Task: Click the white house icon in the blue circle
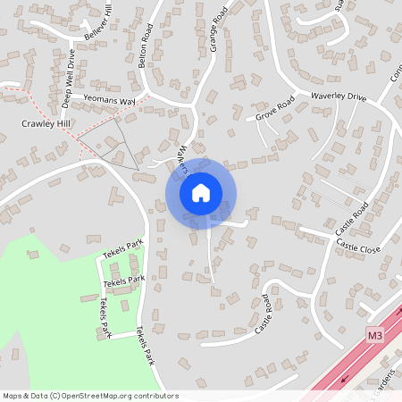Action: pyautogui.click(x=201, y=192)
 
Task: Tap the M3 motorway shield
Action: pyautogui.click(x=375, y=335)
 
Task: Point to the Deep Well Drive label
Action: pyautogui.click(x=69, y=79)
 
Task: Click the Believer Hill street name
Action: pyautogui.click(x=98, y=22)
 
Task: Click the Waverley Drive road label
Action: pyautogui.click(x=339, y=96)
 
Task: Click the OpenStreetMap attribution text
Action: pyautogui.click(x=90, y=396)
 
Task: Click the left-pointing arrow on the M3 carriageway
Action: pyautogui.click(x=344, y=379)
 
